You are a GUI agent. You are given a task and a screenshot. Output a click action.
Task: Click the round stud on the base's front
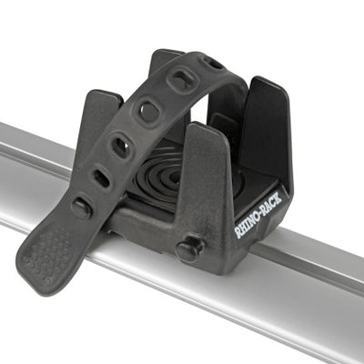coord(190,248)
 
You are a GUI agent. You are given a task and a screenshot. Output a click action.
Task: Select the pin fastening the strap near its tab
coord(81,208)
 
